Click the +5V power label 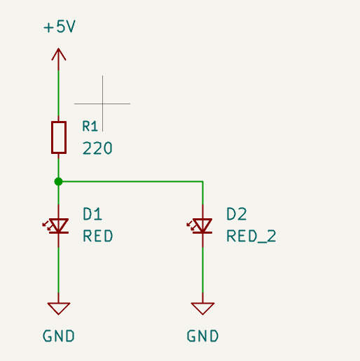pos(60,27)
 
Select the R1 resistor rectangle pos(59,137)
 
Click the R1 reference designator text pos(90,126)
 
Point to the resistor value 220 pos(97,148)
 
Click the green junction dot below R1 pos(58,181)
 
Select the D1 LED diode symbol pos(55,226)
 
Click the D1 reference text pos(92,214)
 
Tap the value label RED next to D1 pos(98,236)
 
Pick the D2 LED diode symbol pos(200,226)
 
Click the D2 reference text pos(237,214)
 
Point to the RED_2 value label pos(251,236)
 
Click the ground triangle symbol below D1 pos(59,309)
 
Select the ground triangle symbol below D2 pos(202,309)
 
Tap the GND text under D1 pos(59,336)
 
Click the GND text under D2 pos(202,336)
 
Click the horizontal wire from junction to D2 pos(130,181)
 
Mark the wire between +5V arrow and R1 pos(58,93)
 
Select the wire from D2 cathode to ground pos(202,270)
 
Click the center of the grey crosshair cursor pos(102,104)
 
